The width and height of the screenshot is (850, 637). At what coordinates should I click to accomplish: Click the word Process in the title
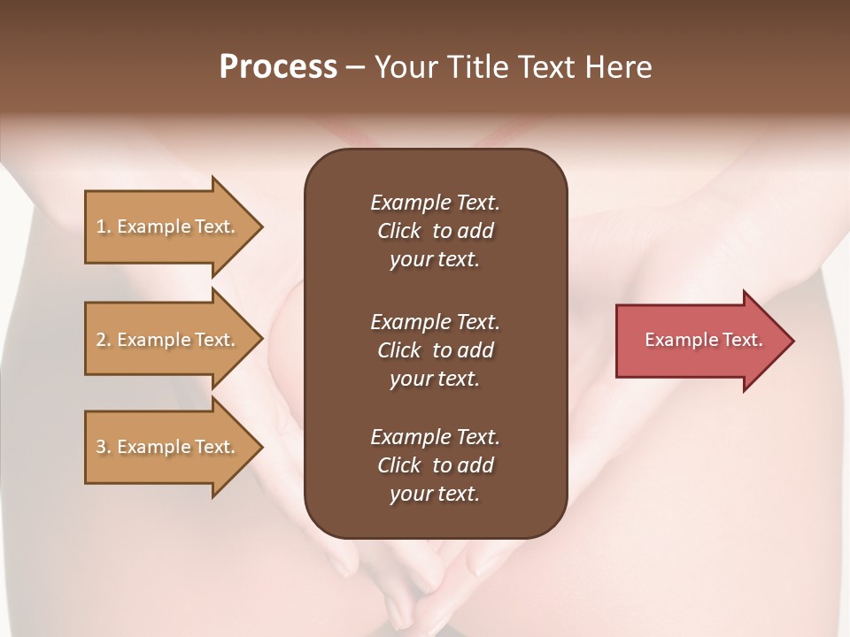[278, 67]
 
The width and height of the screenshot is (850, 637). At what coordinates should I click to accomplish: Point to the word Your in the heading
[407, 67]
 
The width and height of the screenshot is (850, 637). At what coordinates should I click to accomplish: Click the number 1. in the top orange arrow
[104, 226]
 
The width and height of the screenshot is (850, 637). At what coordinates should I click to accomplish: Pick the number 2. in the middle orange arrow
[104, 340]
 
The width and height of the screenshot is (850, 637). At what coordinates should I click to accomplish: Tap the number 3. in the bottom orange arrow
[104, 447]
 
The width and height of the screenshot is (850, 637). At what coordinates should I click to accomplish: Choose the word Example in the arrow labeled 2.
[153, 340]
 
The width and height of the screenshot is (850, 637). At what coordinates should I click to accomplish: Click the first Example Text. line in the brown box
[435, 203]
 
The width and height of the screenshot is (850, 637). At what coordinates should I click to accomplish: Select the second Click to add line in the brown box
[435, 350]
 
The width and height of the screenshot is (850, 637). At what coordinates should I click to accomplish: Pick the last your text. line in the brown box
[435, 495]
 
